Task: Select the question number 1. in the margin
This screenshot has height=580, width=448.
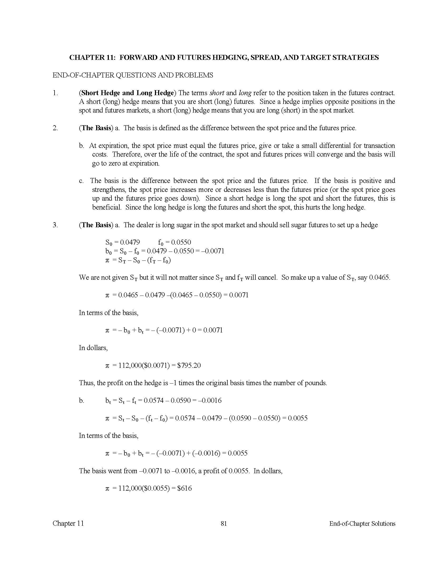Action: pyautogui.click(x=55, y=93)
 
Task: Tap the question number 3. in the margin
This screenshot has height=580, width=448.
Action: pyautogui.click(x=55, y=225)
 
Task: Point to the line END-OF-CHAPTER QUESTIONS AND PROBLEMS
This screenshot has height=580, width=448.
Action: pyautogui.click(x=133, y=75)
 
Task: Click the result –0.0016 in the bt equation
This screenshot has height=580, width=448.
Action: pyautogui.click(x=212, y=400)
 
